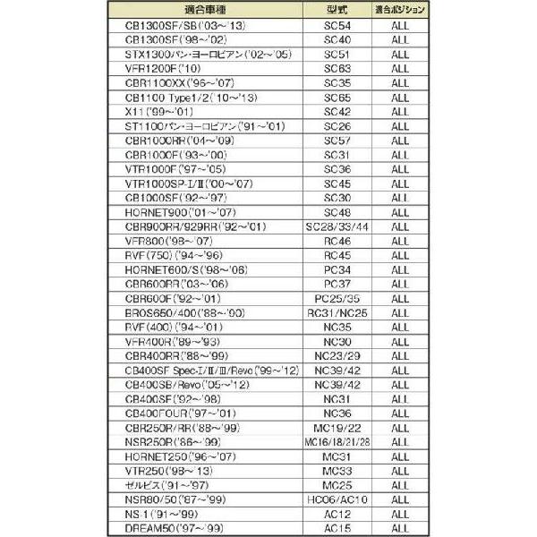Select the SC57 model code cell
pyautogui.click(x=337, y=141)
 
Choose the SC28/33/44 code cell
pyautogui.click(x=337, y=226)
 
